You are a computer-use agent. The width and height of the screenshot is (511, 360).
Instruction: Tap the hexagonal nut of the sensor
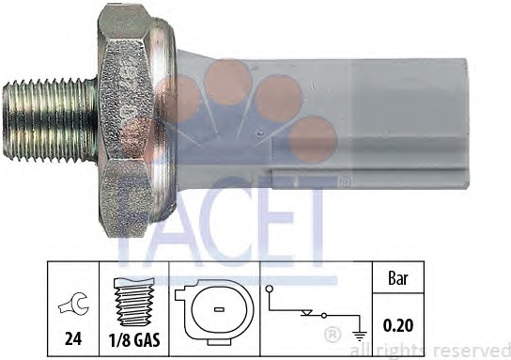126,120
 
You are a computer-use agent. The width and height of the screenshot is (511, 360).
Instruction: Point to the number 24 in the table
73,339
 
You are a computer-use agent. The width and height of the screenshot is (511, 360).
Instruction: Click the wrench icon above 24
73,304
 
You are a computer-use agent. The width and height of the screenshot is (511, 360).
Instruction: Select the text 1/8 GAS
134,340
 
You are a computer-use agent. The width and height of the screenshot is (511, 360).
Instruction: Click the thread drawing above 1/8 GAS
134,302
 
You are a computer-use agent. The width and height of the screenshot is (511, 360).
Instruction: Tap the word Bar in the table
398,278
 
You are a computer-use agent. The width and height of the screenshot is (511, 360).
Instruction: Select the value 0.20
398,325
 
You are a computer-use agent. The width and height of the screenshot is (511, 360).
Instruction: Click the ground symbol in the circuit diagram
360,336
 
